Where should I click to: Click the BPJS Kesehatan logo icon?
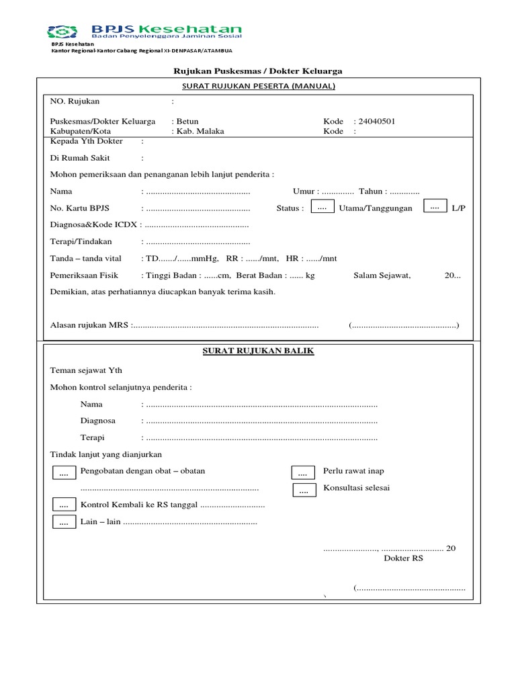[66, 31]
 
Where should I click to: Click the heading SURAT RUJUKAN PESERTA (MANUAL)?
[259, 86]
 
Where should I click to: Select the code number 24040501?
[376, 122]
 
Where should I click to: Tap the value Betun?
[187, 122]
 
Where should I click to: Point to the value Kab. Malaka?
[200, 132]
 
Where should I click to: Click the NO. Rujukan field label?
[75, 101]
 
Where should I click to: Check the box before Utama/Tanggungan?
[322, 208]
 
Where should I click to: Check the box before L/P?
[434, 207]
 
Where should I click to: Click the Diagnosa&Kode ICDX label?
[93, 225]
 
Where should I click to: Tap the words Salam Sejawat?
[382, 275]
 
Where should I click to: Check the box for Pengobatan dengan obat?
[64, 474]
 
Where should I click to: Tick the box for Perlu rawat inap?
[302, 474]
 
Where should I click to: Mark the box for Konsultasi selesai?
[304, 491]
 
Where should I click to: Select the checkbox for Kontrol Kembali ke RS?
[64, 505]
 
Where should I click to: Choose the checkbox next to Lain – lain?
[64, 522]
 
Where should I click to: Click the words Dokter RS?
[403, 558]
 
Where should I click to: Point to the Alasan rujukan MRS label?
[90, 326]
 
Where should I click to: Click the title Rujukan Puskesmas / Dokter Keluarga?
[259, 71]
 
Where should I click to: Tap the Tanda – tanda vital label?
[83, 259]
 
